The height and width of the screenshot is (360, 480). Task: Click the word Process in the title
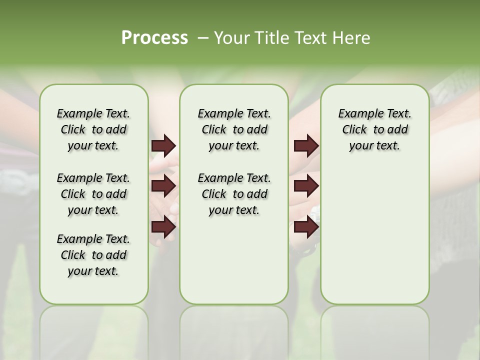pos(154,38)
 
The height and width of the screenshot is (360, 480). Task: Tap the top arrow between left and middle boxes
pos(163,145)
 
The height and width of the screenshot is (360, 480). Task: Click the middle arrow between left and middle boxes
pos(163,186)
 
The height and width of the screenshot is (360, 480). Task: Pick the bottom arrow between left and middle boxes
pos(163,227)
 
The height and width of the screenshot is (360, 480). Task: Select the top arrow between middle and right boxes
pos(306,145)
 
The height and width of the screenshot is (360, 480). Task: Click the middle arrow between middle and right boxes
pos(306,186)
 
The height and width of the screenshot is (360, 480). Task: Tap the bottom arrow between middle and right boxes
pos(306,227)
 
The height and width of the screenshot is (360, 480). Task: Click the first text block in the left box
pos(93,129)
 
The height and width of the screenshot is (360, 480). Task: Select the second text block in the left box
pos(93,194)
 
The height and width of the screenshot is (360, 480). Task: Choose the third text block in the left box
pos(93,255)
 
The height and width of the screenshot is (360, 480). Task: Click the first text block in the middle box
pos(234,129)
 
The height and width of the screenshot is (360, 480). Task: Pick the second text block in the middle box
pos(234,194)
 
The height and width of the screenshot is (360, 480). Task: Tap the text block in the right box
pos(374,129)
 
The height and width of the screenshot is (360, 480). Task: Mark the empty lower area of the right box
pos(374,235)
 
